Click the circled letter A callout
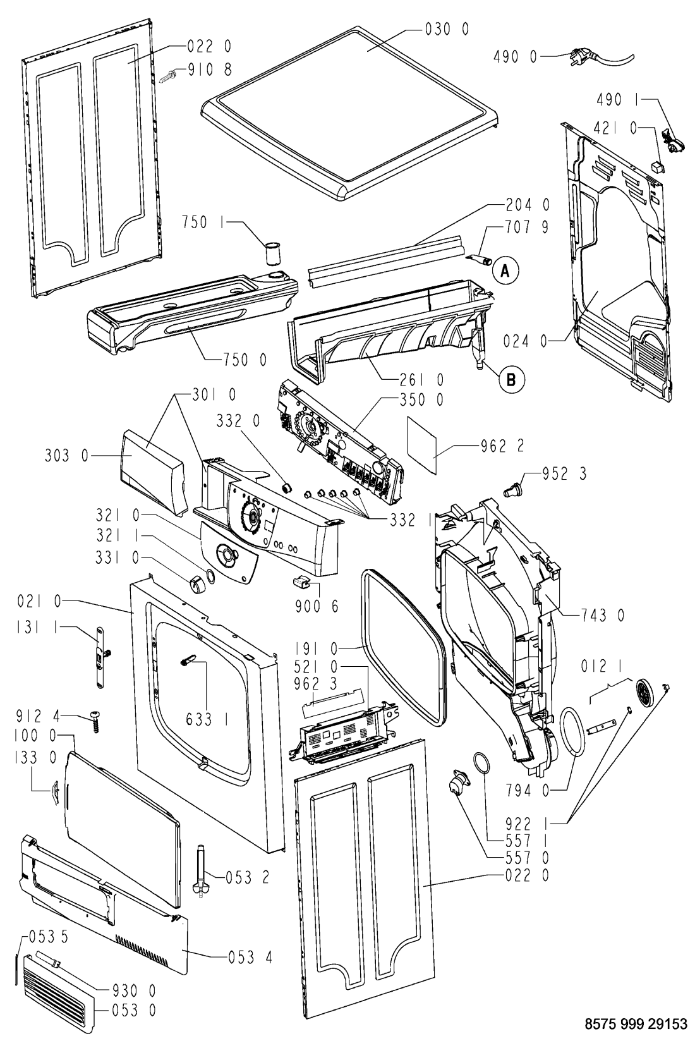[x=504, y=271]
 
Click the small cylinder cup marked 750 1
[x=272, y=253]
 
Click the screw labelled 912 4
[x=95, y=721]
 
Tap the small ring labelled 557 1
[x=480, y=764]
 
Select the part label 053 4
[x=250, y=957]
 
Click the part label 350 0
[x=421, y=399]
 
